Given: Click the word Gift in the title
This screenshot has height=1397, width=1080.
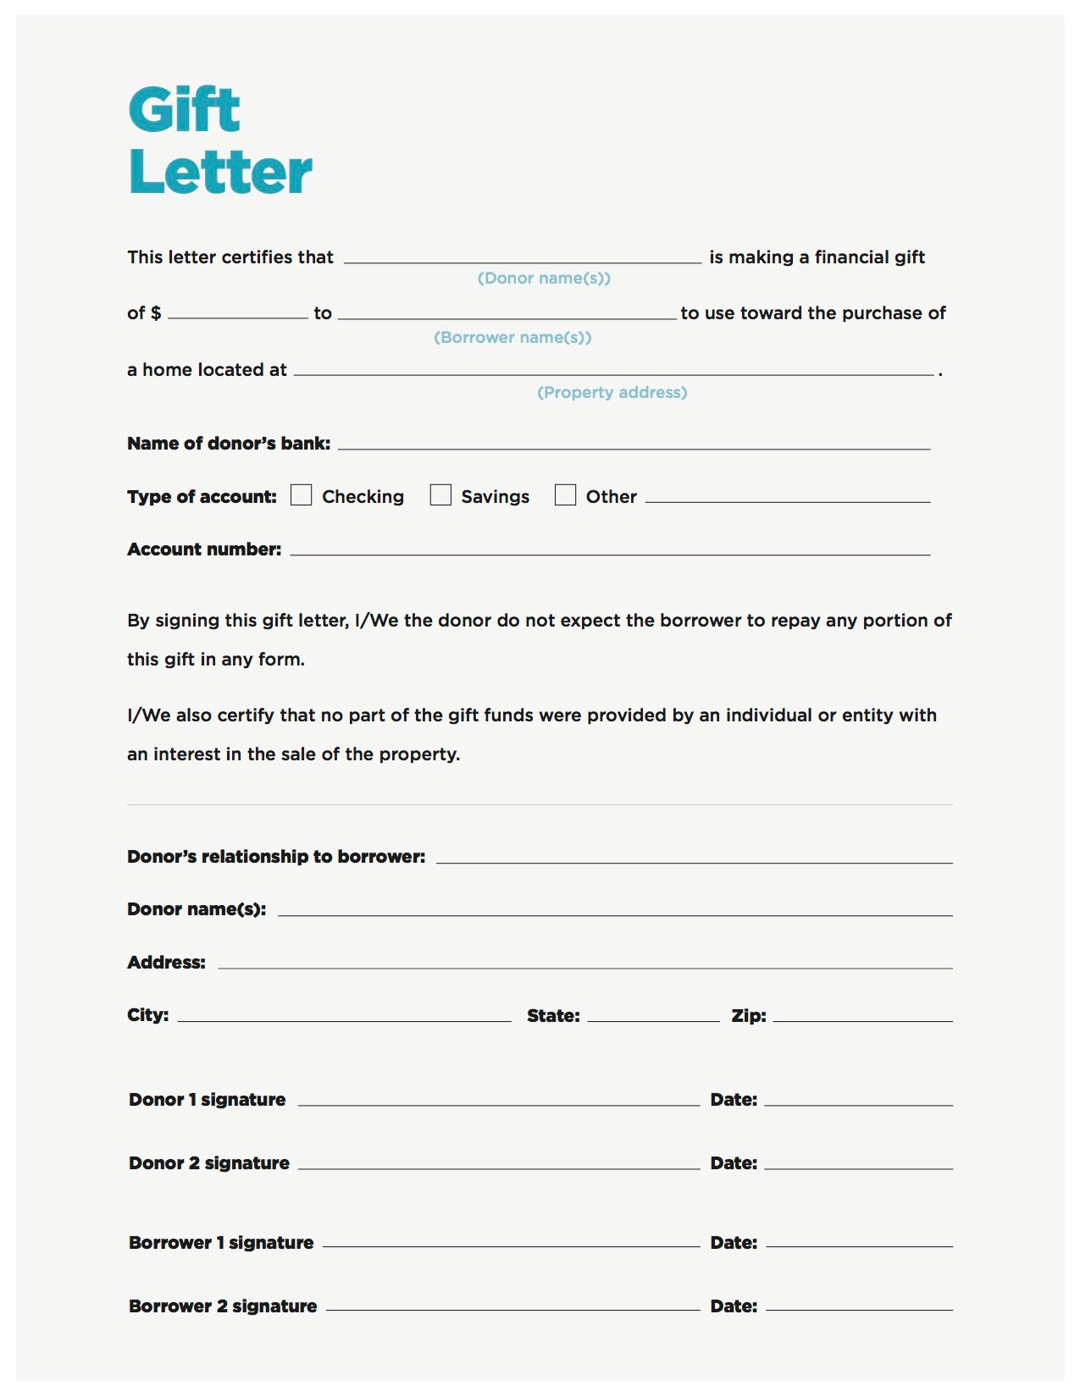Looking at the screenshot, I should click(185, 109).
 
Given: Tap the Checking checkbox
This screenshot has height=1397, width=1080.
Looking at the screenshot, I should click(301, 495).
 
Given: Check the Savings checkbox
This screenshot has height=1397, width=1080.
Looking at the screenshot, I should click(440, 495).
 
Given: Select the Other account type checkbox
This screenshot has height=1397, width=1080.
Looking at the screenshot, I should click(565, 495).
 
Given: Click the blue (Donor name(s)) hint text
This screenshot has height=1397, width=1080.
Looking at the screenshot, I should click(544, 279).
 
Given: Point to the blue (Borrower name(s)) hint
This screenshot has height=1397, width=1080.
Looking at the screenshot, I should click(512, 338).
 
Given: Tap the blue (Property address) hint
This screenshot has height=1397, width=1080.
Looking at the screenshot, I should click(612, 393).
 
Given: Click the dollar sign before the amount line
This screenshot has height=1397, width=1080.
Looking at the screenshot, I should click(156, 313).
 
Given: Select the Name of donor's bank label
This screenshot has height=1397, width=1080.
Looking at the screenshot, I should click(229, 444).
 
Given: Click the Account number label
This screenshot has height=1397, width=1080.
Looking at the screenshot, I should click(204, 549).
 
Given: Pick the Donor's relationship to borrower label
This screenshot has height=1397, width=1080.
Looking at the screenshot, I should click(276, 857).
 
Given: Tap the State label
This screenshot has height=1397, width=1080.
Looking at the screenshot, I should click(553, 1016).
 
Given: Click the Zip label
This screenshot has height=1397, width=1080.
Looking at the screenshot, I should click(749, 1016).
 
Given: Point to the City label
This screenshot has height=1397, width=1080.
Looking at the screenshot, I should click(148, 1015).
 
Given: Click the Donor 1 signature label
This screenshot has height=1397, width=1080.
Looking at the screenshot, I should click(208, 1100).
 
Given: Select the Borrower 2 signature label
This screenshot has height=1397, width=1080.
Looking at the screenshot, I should click(223, 1306).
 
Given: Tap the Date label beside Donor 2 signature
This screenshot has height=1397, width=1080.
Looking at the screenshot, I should click(734, 1163).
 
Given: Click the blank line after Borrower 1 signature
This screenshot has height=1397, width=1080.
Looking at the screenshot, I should click(512, 1245).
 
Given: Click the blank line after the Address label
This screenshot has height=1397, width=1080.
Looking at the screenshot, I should click(584, 966).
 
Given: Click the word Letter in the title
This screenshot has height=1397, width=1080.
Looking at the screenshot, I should click(221, 172).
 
